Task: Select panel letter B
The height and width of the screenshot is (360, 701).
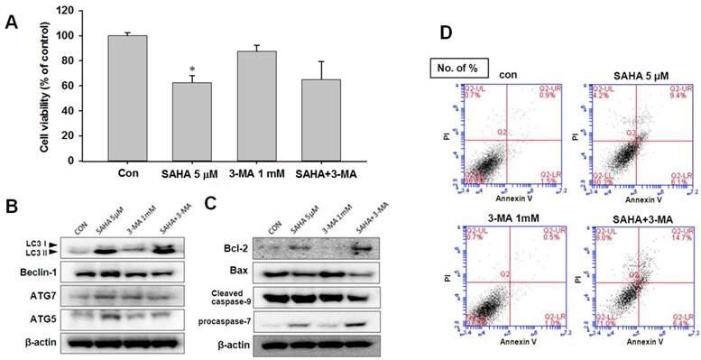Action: pos(12,207)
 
